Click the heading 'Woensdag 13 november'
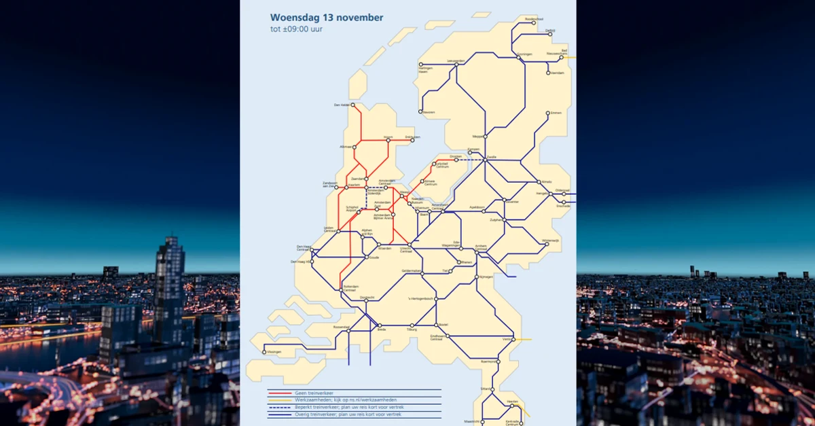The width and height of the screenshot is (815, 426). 326,18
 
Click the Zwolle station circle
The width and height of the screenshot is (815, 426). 486,160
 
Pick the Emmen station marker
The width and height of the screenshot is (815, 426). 549,113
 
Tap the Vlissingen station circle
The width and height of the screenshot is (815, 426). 264,352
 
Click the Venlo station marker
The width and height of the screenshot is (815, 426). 515,338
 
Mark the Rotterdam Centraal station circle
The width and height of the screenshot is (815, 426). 342,290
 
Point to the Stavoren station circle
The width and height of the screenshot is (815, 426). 420,112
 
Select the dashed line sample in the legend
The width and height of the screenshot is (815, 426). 280,406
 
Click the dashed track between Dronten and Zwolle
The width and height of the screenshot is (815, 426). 471,160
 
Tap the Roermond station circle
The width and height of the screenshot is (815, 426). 498,362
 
